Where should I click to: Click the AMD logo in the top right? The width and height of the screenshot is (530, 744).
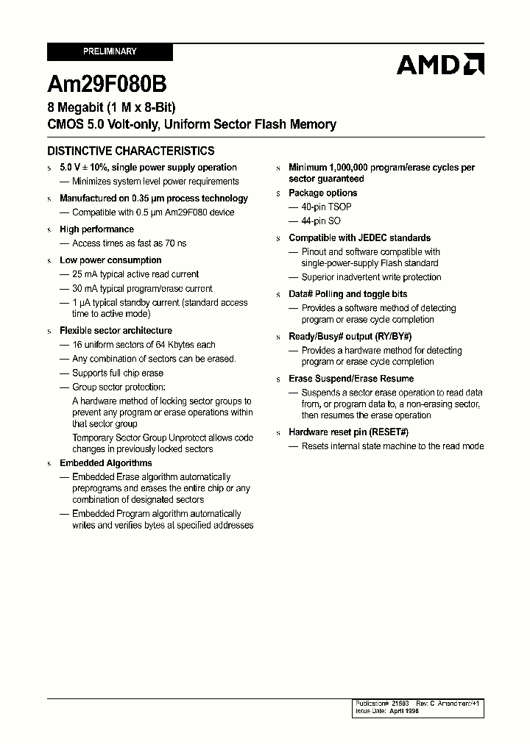coord(439,65)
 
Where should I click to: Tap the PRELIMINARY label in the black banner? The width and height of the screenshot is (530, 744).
coord(110,51)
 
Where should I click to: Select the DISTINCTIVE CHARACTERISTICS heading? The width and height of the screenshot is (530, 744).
coord(131,151)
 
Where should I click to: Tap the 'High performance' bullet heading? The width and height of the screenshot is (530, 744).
coord(96,229)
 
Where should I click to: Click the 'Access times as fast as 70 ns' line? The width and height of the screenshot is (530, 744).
coord(129,243)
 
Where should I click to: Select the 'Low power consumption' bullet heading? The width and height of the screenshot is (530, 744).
coord(110,260)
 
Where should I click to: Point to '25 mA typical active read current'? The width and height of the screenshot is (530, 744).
coord(135,274)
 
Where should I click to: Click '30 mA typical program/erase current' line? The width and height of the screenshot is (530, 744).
coord(142,289)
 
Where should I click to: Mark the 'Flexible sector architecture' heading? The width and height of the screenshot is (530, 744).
coord(116,331)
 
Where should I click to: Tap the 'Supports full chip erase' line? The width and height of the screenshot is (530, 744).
coord(117,373)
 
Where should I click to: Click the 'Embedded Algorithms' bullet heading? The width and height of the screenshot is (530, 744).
coord(105,463)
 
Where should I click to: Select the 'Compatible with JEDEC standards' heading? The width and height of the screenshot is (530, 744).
coord(359,237)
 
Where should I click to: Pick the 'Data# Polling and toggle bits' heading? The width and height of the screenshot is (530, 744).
coord(347,294)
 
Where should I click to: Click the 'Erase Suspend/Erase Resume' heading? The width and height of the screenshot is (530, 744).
coord(351,379)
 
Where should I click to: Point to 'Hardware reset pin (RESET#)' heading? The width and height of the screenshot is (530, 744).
coord(348,432)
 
